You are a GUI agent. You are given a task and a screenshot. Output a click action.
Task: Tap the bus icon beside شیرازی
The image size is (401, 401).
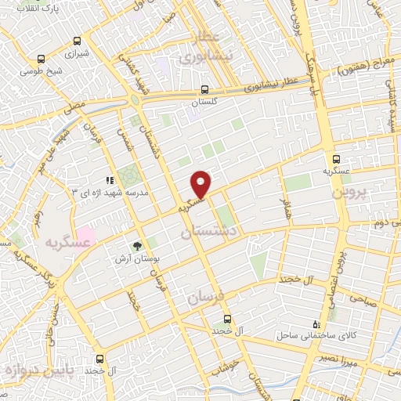coord(76,41)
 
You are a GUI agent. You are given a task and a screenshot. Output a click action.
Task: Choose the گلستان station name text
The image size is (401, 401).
coord(204,103)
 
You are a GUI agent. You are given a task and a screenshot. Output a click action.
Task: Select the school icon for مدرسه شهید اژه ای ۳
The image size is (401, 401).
coord(110,180)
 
